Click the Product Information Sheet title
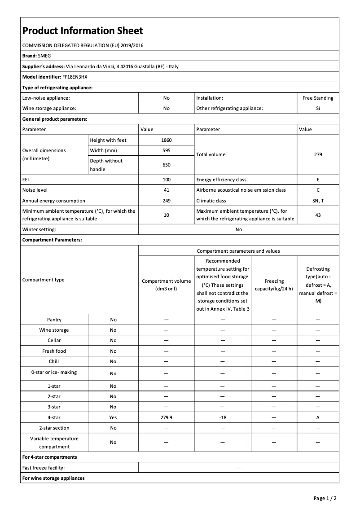pos(83,31)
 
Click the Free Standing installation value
pos(318,98)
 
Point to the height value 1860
pos(166,140)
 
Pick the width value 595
pos(166,150)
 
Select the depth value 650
pos(166,165)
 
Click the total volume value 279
pos(318,154)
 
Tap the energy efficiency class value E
pos(318,180)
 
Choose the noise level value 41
pos(166,190)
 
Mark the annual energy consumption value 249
pos(166,201)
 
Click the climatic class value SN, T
pos(318,201)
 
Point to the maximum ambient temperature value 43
pos(318,215)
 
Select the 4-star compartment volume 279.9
pos(166,417)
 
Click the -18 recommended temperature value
pos(223,417)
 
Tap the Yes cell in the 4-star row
pos(113,417)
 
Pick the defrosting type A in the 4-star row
pos(318,417)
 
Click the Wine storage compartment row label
pos(54,330)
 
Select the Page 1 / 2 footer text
pos(325,498)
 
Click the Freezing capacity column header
pos(274,285)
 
